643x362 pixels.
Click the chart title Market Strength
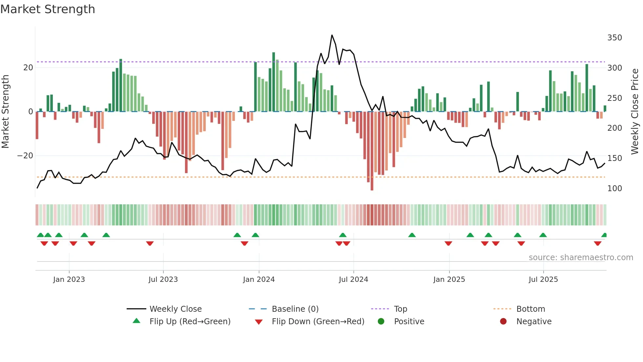click(x=48, y=9)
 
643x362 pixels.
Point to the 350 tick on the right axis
click(x=614, y=38)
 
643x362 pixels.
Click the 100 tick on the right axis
click(x=614, y=189)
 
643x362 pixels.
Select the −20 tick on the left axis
click(x=25, y=156)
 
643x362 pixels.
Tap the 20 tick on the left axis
click(x=28, y=68)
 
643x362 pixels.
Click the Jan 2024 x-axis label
click(x=259, y=280)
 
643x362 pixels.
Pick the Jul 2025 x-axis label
click(x=543, y=280)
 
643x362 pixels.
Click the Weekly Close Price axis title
click(x=635, y=112)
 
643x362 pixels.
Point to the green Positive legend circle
click(x=381, y=321)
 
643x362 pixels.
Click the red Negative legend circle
click(x=503, y=321)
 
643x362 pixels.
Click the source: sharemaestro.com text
click(x=581, y=258)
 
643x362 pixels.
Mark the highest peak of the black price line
click(x=332, y=35)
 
